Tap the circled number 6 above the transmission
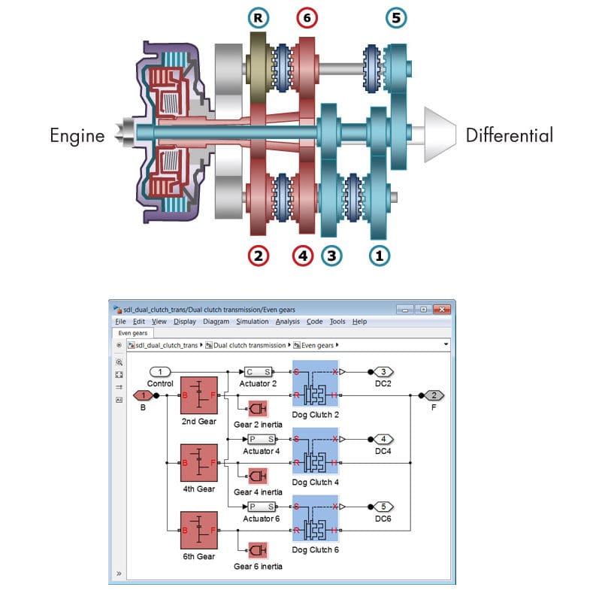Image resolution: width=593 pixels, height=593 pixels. pyautogui.click(x=306, y=17)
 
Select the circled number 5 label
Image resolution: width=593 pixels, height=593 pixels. pyautogui.click(x=396, y=17)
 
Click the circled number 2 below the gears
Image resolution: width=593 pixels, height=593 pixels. pyautogui.click(x=259, y=256)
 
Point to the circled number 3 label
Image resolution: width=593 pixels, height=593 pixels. pyautogui.click(x=331, y=256)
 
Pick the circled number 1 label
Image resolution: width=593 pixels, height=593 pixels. pyautogui.click(x=379, y=256)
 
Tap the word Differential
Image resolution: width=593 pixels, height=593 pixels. pyautogui.click(x=509, y=136)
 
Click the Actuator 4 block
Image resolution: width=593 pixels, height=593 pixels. pyautogui.click(x=260, y=439)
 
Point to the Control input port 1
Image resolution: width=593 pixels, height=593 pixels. pyautogui.click(x=160, y=371)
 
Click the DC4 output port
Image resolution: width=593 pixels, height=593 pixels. pyautogui.click(x=383, y=439)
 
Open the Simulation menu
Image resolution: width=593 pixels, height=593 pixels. pyautogui.click(x=252, y=322)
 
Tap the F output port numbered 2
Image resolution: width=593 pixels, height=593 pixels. pyautogui.click(x=434, y=395)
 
